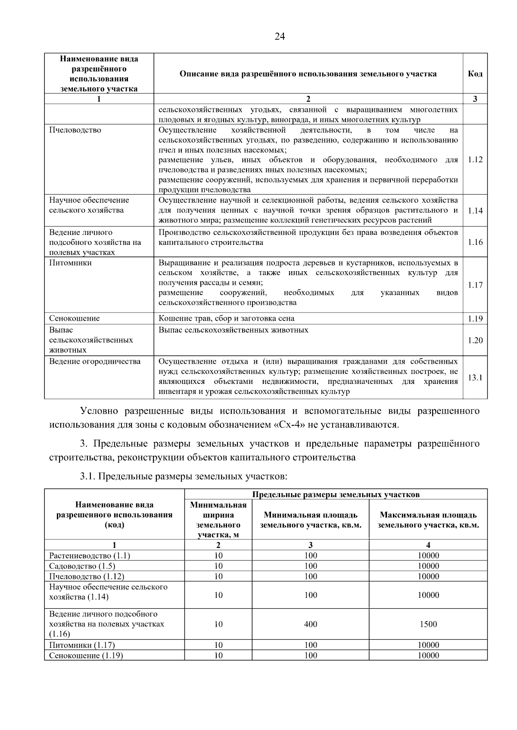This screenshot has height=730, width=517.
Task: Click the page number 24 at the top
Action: pyautogui.click(x=280, y=37)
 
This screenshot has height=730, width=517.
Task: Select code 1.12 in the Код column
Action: pyautogui.click(x=475, y=160)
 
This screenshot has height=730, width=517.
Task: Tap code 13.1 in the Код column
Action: pyautogui.click(x=475, y=378)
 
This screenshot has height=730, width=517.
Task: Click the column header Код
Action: pyautogui.click(x=475, y=74)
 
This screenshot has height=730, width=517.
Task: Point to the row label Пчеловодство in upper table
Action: pyautogui.click(x=75, y=130)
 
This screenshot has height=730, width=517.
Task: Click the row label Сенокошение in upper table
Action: pyautogui.click(x=74, y=319)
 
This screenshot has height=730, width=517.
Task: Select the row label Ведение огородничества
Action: pyautogui.click(x=94, y=362)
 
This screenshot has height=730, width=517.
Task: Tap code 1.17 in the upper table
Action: pyautogui.click(x=475, y=285)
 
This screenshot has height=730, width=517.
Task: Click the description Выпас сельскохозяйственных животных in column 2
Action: pyautogui.click(x=233, y=330)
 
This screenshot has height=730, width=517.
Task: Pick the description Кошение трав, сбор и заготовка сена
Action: pyautogui.click(x=226, y=319)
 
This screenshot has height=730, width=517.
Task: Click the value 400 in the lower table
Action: pyautogui.click(x=310, y=624)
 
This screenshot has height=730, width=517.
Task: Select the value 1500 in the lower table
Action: pyautogui.click(x=428, y=624)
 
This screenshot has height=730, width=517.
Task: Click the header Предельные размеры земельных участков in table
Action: pyautogui.click(x=336, y=495)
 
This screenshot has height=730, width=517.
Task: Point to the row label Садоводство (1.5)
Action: pyautogui.click(x=82, y=566)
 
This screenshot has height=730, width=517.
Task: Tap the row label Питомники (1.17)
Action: pyautogui.click(x=82, y=645)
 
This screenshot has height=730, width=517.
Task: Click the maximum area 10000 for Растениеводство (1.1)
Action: pyautogui.click(x=428, y=556)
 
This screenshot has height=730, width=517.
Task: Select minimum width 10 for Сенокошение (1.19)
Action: pyautogui.click(x=218, y=656)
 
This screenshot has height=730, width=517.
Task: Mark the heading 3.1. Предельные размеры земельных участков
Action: pyautogui.click(x=183, y=476)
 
